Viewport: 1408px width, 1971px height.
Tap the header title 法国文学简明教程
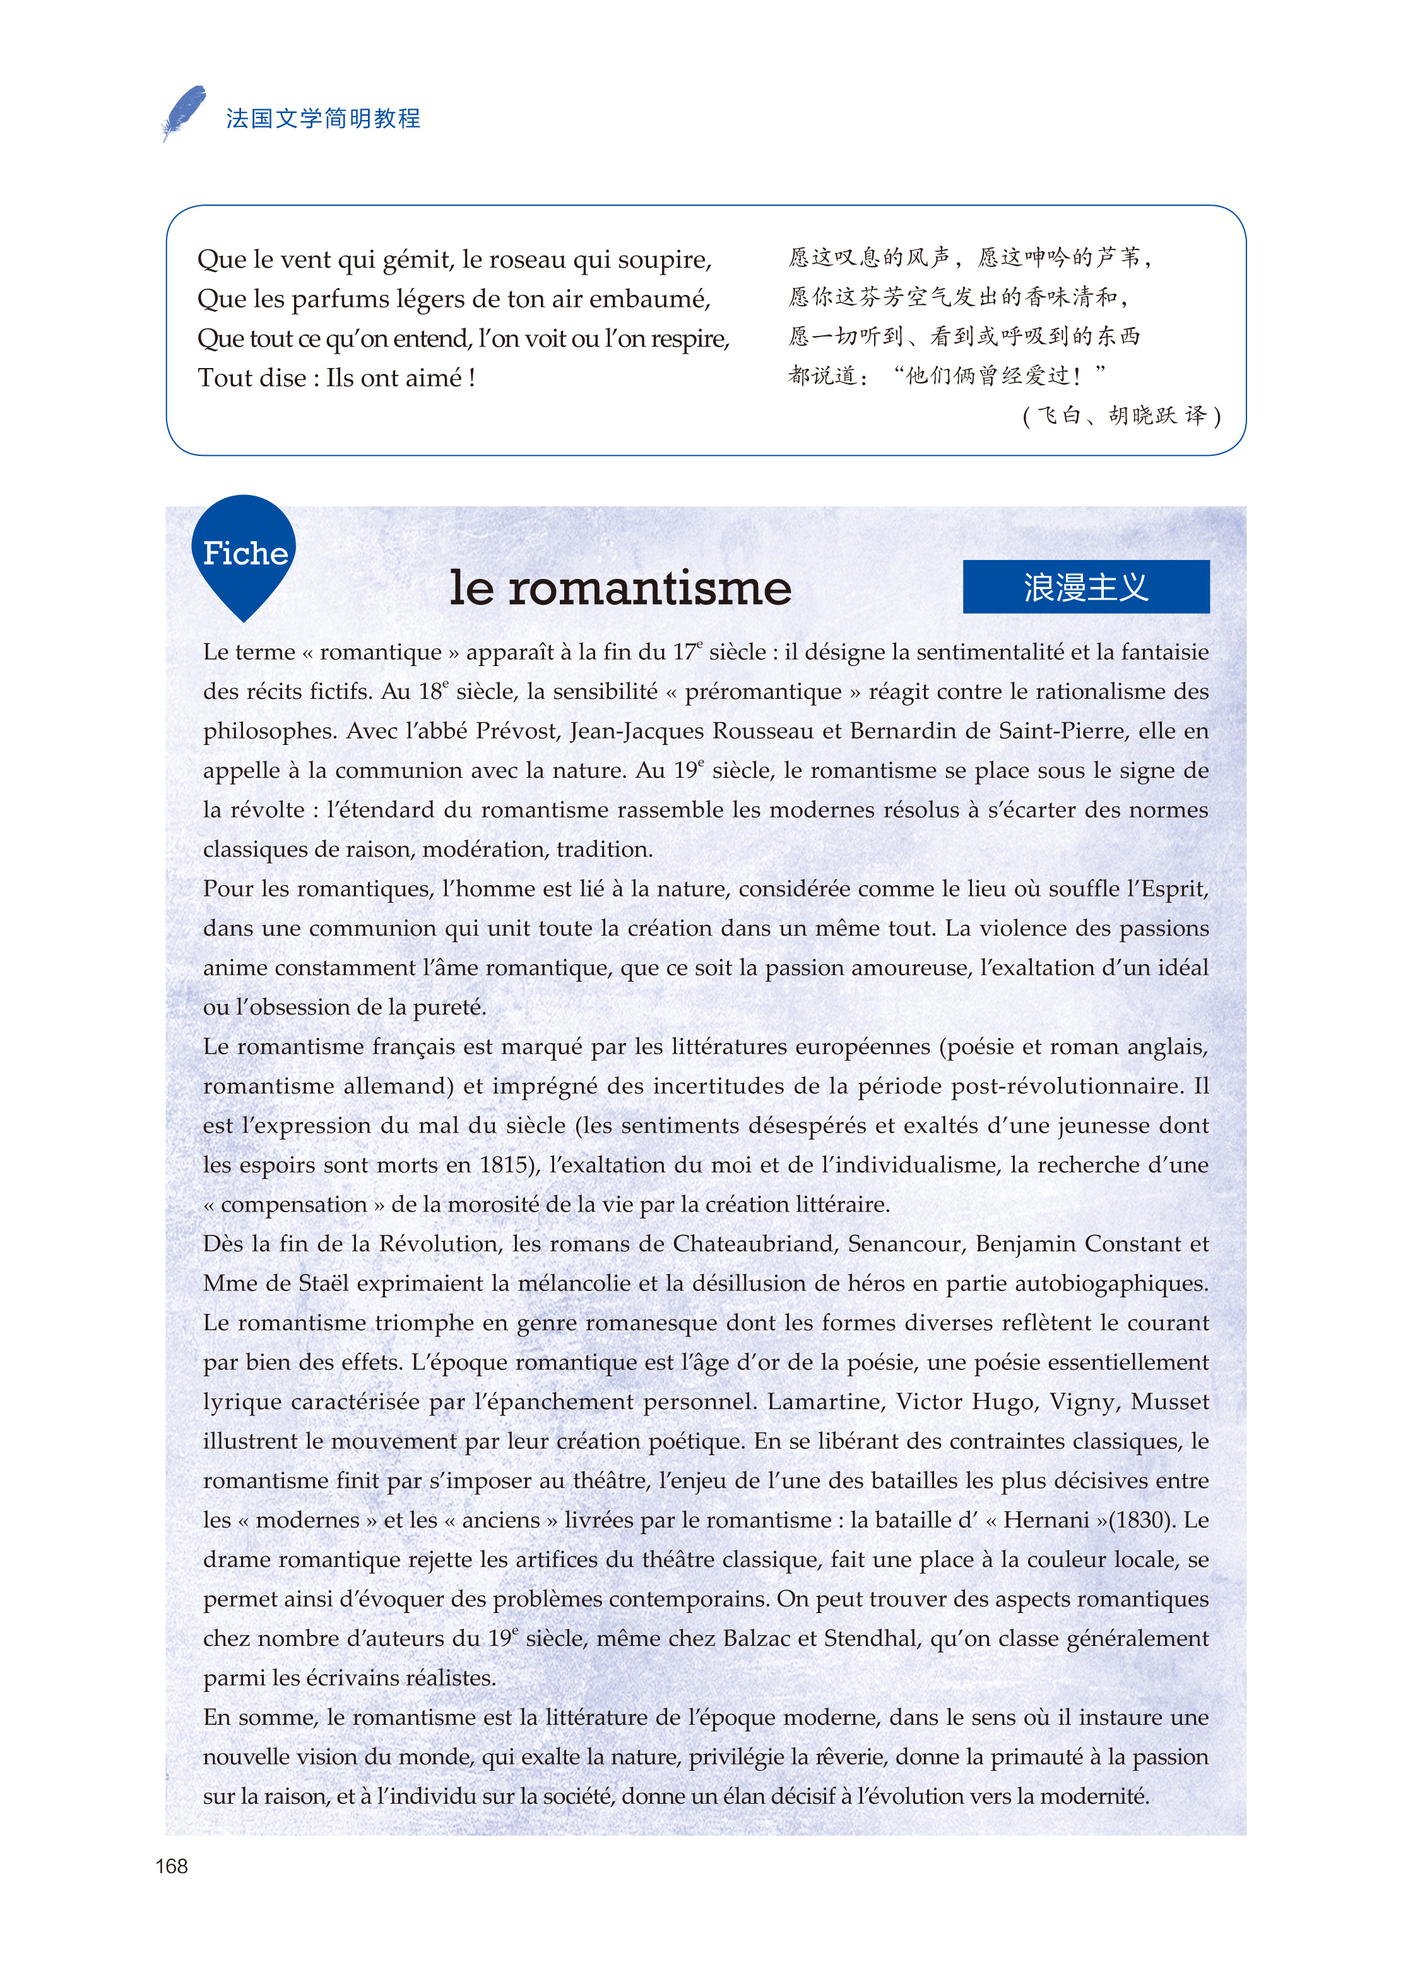pyautogui.click(x=323, y=119)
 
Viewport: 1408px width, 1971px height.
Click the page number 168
pyautogui.click(x=172, y=1866)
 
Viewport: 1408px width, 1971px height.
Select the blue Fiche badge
pyautogui.click(x=244, y=553)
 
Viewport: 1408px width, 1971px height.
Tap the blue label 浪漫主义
pyautogui.click(x=1086, y=587)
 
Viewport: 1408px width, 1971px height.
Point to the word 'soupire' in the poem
pyautogui.click(x=668, y=259)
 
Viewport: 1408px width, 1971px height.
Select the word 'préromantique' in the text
pyautogui.click(x=763, y=691)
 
